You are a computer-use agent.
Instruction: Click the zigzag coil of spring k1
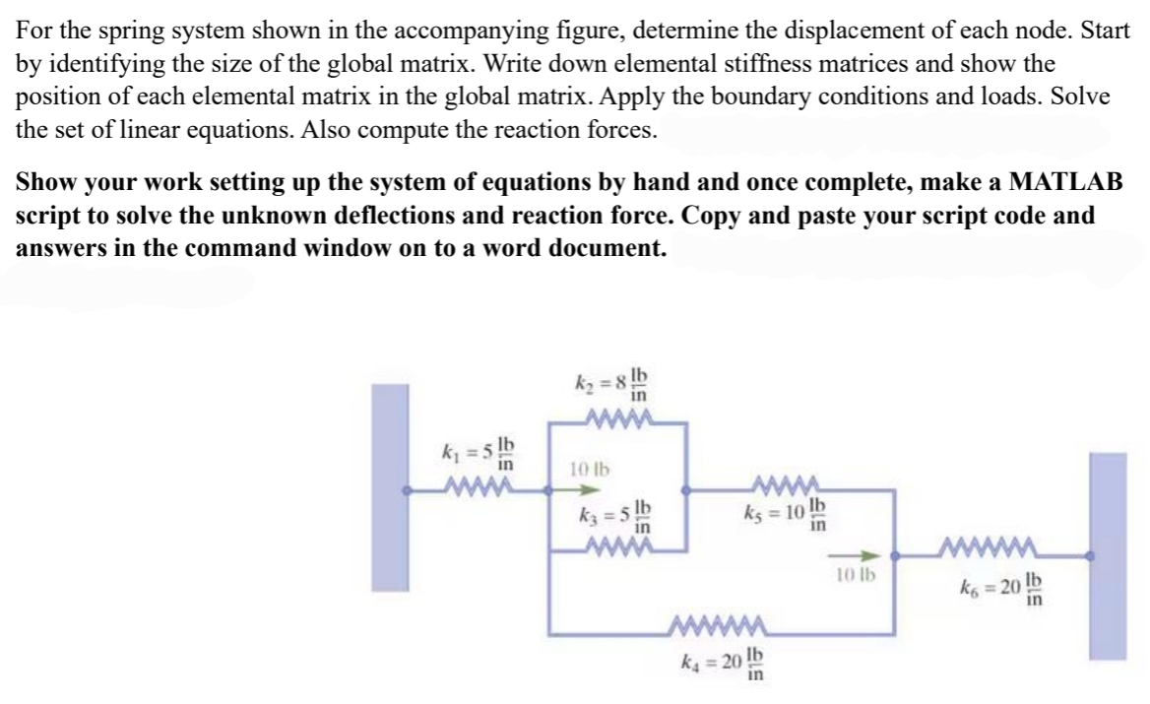[478, 487]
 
